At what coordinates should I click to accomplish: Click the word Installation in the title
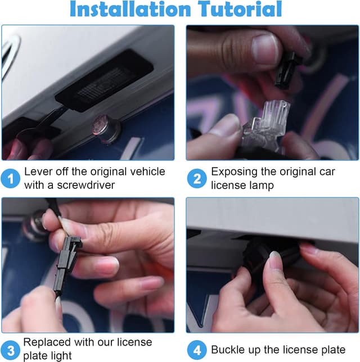click(130, 9)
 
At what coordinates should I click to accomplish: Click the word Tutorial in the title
click(240, 9)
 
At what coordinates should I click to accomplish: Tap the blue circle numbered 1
click(10, 178)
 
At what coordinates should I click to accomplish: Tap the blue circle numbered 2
click(197, 178)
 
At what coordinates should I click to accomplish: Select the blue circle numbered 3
click(10, 350)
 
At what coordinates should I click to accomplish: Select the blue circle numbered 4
click(197, 350)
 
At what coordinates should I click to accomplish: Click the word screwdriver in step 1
click(85, 185)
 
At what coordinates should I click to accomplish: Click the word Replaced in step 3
click(47, 342)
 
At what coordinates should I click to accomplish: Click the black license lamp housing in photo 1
click(105, 81)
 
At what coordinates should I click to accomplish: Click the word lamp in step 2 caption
click(262, 185)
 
